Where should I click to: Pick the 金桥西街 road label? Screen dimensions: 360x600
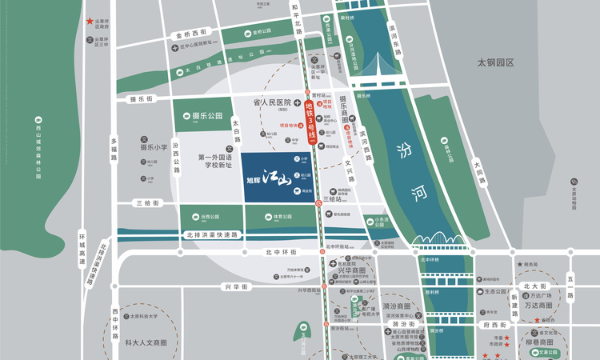[190, 34]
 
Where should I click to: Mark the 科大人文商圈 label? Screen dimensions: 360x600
[146, 342]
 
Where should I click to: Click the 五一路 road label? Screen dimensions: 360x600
[570, 286]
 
